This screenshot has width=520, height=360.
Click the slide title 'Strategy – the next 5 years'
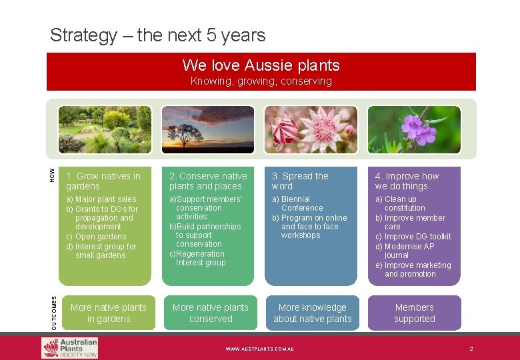click(x=157, y=35)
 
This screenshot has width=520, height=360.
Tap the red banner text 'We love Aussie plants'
click(x=261, y=65)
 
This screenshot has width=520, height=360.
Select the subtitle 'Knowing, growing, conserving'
click(x=261, y=81)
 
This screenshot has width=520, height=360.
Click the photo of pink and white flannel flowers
click(x=311, y=129)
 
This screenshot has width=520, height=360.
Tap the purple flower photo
click(x=414, y=129)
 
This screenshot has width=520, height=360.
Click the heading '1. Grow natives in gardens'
click(x=103, y=181)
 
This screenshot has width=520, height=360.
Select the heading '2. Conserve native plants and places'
click(x=208, y=181)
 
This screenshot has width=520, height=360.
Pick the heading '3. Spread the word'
click(x=300, y=181)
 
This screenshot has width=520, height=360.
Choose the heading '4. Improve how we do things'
click(x=407, y=181)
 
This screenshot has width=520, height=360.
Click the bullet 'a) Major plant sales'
click(x=101, y=199)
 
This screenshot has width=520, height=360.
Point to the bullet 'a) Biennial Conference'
click(x=296, y=203)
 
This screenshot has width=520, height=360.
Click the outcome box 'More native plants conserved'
click(x=211, y=313)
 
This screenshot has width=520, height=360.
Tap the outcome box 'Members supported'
click(x=414, y=313)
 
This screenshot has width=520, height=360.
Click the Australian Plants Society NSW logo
click(x=70, y=348)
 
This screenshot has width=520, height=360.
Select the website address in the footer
click(x=260, y=349)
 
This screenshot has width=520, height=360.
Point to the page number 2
click(x=471, y=349)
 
